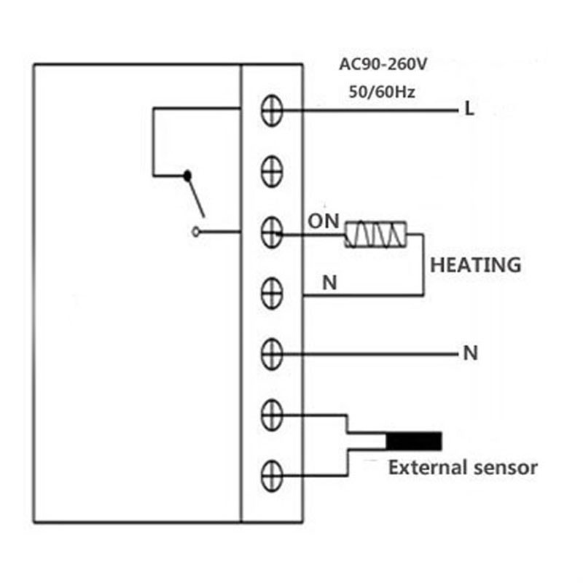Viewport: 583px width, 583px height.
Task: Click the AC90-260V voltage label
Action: click(383, 65)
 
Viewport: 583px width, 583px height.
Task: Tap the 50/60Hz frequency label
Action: click(382, 92)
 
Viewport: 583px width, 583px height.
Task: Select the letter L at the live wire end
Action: click(469, 109)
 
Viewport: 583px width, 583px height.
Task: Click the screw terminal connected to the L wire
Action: click(272, 111)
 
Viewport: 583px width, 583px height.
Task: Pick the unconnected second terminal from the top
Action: click(272, 171)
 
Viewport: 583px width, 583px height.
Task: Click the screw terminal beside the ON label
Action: click(272, 232)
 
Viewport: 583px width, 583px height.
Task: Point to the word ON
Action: click(324, 222)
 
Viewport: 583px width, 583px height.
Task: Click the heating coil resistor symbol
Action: click(375, 234)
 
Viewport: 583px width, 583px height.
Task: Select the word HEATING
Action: click(476, 265)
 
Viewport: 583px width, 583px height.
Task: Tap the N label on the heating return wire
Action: click(330, 283)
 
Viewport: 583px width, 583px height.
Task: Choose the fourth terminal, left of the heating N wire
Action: click(272, 294)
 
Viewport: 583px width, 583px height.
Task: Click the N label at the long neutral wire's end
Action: click(471, 353)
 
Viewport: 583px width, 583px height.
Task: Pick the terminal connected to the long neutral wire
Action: click(272, 354)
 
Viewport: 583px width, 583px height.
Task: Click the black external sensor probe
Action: click(414, 442)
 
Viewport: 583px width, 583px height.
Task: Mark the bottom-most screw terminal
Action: click(272, 476)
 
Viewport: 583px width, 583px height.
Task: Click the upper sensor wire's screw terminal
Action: click(272, 415)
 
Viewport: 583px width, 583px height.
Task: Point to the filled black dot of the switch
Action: click(187, 176)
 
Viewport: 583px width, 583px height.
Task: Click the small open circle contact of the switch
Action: click(195, 232)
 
